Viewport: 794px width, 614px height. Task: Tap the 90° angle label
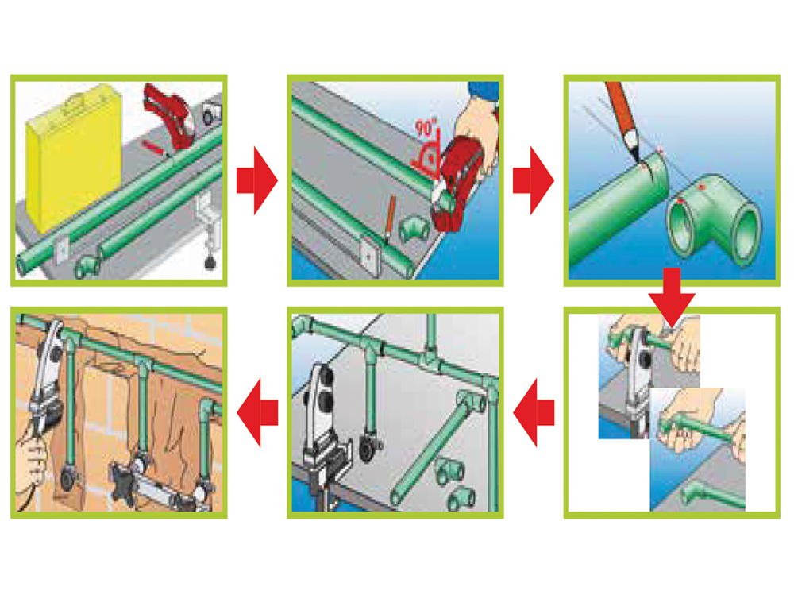tap(426, 128)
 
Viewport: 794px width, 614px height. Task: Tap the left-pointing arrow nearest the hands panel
tap(534, 412)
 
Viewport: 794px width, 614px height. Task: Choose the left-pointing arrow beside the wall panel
tap(257, 412)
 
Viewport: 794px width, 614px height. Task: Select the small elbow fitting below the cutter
tap(414, 231)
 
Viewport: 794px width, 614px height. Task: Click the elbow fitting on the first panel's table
tap(87, 266)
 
